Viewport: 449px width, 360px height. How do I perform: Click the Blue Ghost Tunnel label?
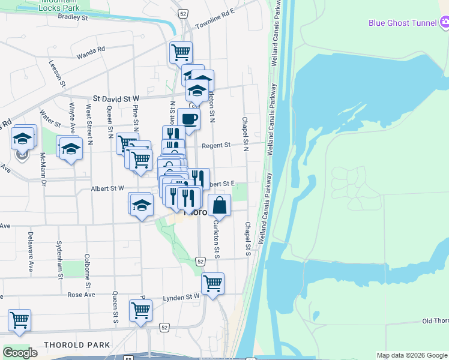tap(402, 23)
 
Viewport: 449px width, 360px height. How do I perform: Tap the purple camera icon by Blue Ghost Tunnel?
tap(445, 23)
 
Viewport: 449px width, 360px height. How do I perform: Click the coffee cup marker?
tap(188, 119)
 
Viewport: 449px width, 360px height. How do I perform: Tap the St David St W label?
tap(116, 98)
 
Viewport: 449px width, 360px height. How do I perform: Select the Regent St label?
tap(216, 145)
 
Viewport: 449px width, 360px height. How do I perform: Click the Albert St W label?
tap(107, 188)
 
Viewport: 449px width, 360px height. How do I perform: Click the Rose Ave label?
tap(81, 295)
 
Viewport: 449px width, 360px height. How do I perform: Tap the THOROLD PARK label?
tap(77, 345)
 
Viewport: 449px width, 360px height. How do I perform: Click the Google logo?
tap(20, 353)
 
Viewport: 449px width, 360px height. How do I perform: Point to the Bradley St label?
tap(73, 17)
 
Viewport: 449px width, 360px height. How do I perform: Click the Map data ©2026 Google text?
tap(411, 355)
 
